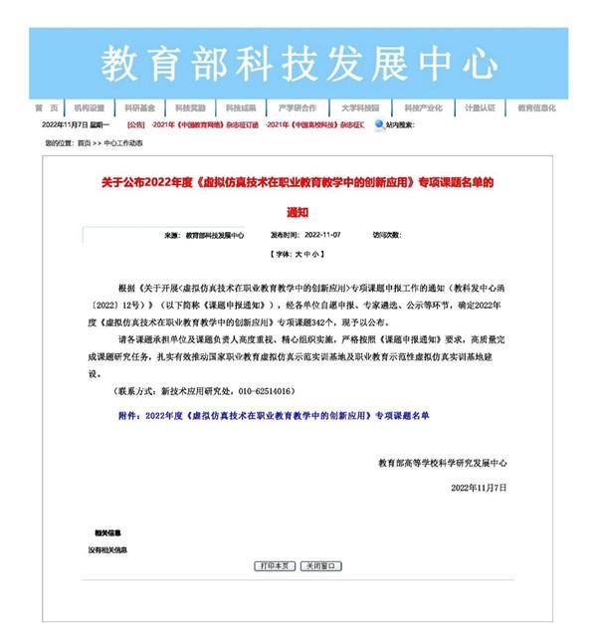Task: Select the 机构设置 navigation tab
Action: click(89, 107)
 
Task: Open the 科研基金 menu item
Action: click(139, 107)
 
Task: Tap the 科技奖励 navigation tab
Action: click(190, 107)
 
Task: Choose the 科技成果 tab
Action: click(241, 107)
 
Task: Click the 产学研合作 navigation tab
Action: click(297, 107)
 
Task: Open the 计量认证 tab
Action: click(480, 107)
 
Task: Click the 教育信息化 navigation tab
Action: click(536, 107)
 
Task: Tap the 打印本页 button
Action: click(275, 566)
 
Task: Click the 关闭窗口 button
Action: click(320, 566)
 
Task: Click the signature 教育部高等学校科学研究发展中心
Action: click(443, 463)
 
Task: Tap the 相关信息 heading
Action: click(107, 532)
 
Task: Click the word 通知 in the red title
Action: click(298, 211)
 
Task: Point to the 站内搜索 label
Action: click(399, 124)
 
